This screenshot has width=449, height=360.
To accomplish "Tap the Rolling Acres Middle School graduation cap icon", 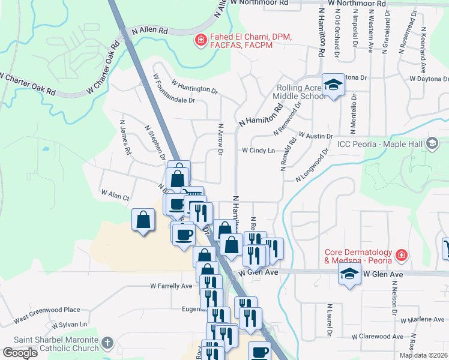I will (x=332, y=85).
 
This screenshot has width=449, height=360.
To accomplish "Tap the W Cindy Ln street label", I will (x=258, y=150).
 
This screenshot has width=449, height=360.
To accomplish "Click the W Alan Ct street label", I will (x=115, y=194).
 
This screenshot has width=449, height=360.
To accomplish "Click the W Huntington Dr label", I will (x=194, y=86).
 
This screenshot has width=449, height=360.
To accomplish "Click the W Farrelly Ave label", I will (x=170, y=286).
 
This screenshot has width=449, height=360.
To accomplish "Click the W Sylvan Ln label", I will (x=69, y=325).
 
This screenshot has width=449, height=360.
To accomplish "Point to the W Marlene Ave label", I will (x=423, y=320).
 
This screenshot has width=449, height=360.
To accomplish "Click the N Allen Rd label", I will (x=149, y=29).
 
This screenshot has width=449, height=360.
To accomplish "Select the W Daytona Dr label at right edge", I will (x=429, y=79).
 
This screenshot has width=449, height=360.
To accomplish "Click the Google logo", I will (x=20, y=353).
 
